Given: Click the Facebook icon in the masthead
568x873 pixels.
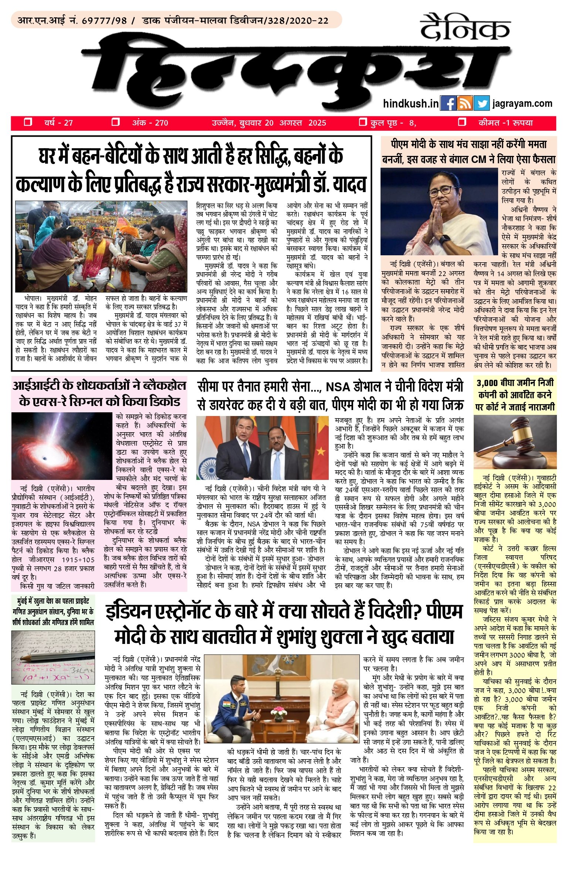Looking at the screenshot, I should click(449, 103).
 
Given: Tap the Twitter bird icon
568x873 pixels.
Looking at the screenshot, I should click(482, 103).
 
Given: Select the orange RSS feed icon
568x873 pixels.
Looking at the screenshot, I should click(465, 103).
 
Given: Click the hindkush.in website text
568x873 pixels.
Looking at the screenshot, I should click(411, 104).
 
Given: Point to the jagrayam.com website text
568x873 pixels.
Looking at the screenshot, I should click(523, 104).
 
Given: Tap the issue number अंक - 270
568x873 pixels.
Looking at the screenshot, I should click(150, 123).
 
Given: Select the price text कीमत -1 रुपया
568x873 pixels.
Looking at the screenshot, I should click(506, 123).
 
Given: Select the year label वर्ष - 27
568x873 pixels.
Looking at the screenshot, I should click(58, 123).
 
